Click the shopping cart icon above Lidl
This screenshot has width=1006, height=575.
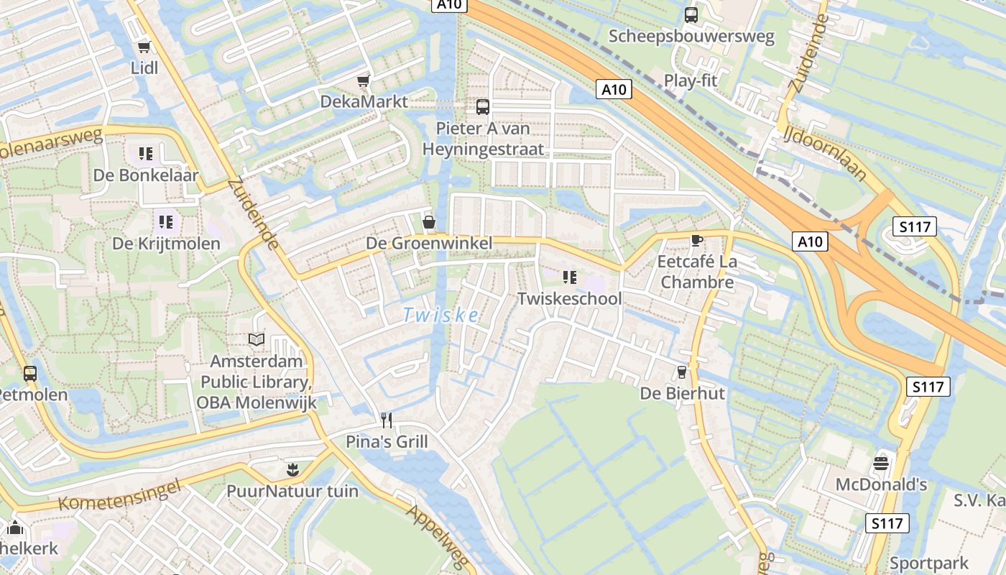(x=144, y=47)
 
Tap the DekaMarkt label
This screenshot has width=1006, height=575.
(x=364, y=101)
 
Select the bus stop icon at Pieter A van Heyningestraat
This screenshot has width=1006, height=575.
(x=483, y=107)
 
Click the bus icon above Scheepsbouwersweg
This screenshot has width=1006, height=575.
(x=691, y=15)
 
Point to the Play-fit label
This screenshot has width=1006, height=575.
(x=691, y=80)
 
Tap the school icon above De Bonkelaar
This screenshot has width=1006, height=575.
(x=146, y=154)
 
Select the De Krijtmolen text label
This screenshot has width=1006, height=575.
(x=166, y=244)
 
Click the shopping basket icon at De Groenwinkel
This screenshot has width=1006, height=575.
(x=429, y=222)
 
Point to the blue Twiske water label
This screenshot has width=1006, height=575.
(x=440, y=315)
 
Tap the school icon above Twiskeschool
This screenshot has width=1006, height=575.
(x=570, y=277)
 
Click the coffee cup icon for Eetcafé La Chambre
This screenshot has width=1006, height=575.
(x=696, y=240)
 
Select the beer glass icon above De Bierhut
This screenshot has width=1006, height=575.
(x=682, y=372)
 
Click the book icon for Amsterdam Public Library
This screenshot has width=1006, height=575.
(x=257, y=339)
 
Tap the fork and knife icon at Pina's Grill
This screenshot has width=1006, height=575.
(x=387, y=420)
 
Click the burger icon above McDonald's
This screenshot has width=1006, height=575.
(x=881, y=463)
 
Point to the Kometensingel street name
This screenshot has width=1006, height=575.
(x=118, y=496)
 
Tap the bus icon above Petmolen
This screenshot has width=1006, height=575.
(x=30, y=374)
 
